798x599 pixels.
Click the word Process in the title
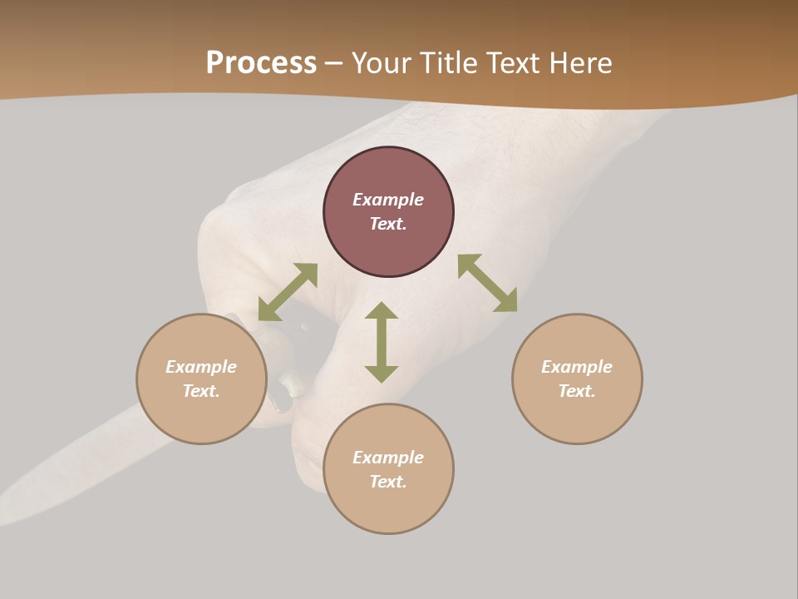click(261, 63)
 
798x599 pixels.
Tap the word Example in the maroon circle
click(388, 200)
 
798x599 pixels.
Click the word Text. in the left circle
click(201, 391)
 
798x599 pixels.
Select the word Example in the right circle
click(577, 367)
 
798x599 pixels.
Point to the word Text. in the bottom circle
click(388, 482)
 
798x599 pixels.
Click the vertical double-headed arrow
click(382, 342)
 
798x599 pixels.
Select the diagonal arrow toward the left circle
click(288, 292)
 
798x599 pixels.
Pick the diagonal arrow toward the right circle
click(487, 283)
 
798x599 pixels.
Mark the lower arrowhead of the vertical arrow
click(382, 374)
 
